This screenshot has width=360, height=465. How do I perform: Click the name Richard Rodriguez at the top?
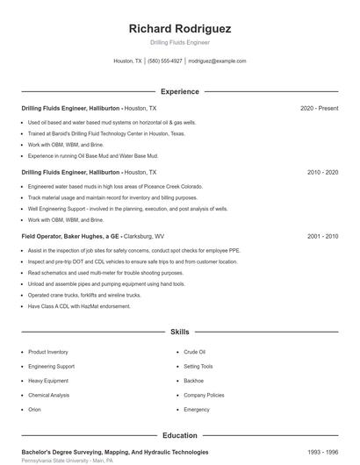pos(179,28)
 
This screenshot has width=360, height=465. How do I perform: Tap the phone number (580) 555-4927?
pos(165,61)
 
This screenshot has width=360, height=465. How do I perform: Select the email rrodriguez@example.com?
pos(218,61)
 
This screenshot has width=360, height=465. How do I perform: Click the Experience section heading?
pos(179,91)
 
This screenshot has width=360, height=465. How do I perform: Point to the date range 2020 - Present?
pos(319,108)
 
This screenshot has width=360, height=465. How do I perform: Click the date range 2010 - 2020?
pos(322,173)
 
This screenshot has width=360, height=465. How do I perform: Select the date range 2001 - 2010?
pos(322,237)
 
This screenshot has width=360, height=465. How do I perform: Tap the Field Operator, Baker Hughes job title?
pos(71,237)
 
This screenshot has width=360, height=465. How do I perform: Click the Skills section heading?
pos(179,333)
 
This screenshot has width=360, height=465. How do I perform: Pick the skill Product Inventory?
pos(47,352)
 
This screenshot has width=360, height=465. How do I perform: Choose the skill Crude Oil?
pos(194,352)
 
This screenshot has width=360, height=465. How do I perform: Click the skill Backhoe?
pos(193,381)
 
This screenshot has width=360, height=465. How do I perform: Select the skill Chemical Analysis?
pos(48,395)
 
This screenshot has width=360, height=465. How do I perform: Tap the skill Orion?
pos(34,410)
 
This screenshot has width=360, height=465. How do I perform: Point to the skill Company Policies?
pos(204,395)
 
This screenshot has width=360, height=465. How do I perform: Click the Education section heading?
pos(179,435)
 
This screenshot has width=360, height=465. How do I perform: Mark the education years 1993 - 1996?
pos(322,452)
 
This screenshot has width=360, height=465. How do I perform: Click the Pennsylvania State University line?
pos(68,461)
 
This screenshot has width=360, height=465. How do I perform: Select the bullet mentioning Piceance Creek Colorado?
pos(115,187)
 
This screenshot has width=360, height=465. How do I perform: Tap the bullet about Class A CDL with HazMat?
pos(79,306)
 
